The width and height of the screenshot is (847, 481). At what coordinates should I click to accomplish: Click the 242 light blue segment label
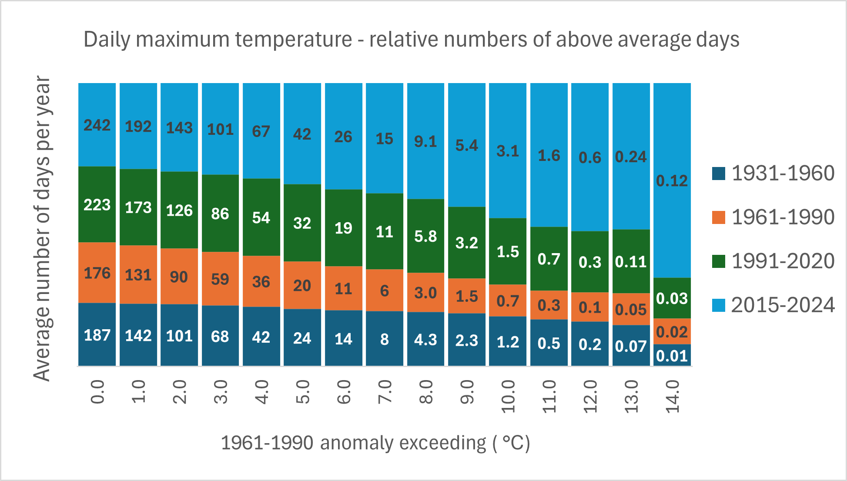[97, 125]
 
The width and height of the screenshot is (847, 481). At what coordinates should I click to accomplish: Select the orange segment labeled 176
[97, 273]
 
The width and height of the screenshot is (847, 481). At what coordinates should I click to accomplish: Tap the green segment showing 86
[220, 214]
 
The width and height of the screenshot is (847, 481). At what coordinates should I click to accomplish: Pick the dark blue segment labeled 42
[261, 337]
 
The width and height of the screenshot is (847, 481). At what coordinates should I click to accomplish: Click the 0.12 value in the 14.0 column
[672, 180]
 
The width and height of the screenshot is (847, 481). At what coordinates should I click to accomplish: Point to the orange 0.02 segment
[672, 332]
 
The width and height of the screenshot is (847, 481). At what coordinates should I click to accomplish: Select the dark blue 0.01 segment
[672, 356]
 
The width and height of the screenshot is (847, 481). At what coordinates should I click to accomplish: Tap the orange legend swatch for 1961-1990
[719, 217]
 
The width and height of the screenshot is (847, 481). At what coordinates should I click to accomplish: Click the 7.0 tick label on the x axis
[385, 391]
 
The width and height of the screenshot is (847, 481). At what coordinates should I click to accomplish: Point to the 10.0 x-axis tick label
[508, 396]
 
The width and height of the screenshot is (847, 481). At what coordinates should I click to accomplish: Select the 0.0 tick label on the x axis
[97, 391]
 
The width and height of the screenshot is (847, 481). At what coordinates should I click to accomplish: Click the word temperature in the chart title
[294, 40]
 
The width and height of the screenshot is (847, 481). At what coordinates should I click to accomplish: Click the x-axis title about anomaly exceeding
[375, 443]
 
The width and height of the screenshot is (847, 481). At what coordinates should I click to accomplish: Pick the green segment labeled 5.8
[425, 236]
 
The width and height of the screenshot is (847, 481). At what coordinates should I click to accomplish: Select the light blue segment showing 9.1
[425, 141]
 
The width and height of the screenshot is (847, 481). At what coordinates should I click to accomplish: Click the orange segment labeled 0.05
[631, 309]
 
